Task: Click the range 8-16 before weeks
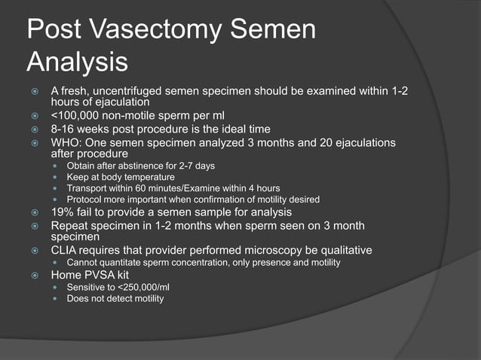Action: click(63, 130)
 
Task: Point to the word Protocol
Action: click(84, 200)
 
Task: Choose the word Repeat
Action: click(69, 226)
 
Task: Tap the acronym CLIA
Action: click(64, 250)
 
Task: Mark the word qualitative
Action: click(345, 250)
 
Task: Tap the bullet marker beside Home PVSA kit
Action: click(35, 276)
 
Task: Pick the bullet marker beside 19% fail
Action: click(35, 213)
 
